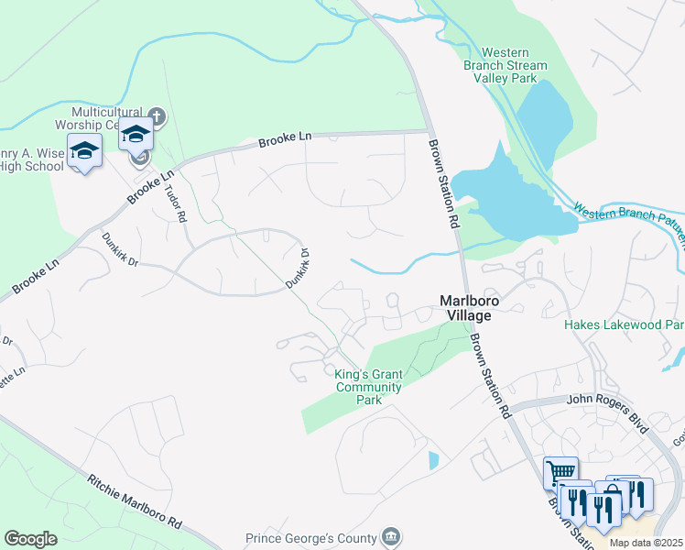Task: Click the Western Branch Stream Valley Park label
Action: click(x=514, y=66)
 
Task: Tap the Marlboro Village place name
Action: click(x=464, y=307)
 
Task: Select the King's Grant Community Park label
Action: click(x=368, y=387)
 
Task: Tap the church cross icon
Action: click(x=157, y=116)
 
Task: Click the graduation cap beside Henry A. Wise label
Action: click(x=84, y=149)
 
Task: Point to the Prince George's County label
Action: click(x=311, y=539)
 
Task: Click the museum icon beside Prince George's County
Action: click(x=391, y=536)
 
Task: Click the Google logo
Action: click(x=30, y=539)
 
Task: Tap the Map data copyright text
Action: click(x=647, y=543)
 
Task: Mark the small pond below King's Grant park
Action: click(x=433, y=460)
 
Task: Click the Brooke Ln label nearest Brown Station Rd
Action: click(x=285, y=139)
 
